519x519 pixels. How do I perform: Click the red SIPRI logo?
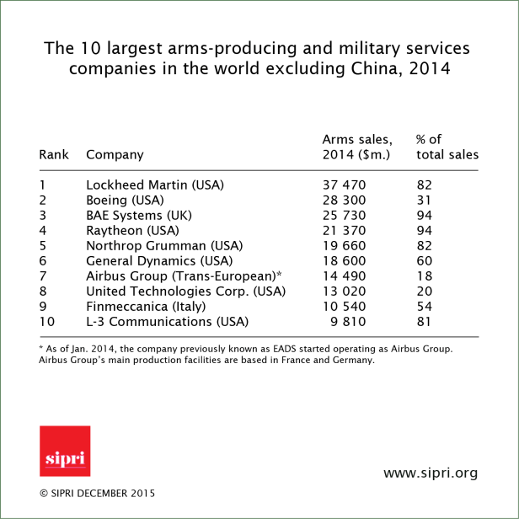(x=65, y=451)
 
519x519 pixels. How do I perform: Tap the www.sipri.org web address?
(x=430, y=474)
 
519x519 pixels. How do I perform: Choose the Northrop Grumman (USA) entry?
(x=164, y=245)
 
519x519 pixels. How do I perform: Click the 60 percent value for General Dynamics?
(x=425, y=260)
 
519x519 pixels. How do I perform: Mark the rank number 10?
(x=46, y=321)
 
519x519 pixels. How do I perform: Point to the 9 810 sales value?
(x=349, y=321)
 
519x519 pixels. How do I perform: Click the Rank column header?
(x=53, y=155)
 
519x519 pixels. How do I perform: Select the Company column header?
(x=115, y=155)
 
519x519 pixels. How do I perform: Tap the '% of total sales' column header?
(x=447, y=147)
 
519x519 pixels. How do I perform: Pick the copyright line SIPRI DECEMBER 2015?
(x=97, y=493)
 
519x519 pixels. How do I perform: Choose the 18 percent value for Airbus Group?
(x=425, y=276)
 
